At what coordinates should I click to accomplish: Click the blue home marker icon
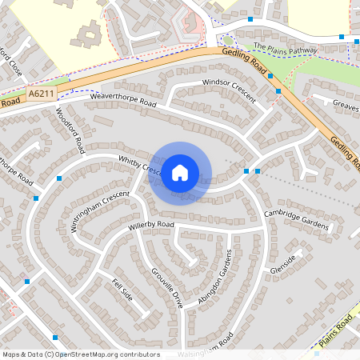(180, 173)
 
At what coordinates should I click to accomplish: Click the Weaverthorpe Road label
(122, 99)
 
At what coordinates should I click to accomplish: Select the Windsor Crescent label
(229, 90)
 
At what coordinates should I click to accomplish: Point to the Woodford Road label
(70, 131)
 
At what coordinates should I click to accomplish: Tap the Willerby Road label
(150, 226)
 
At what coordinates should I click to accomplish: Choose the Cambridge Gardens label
(296, 221)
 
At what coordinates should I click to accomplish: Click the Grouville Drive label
(167, 288)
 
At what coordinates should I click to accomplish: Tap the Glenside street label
(283, 263)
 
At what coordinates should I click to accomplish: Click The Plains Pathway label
(286, 50)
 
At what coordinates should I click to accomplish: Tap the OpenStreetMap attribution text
(81, 354)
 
